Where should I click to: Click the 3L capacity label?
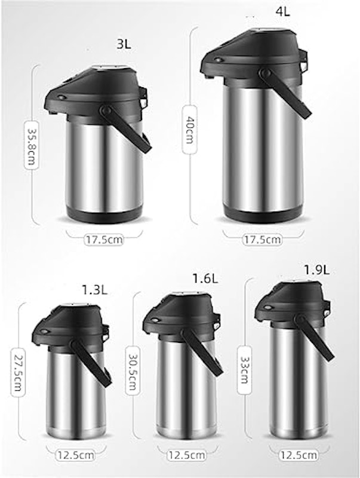click(124, 44)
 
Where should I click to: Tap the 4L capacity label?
click(282, 11)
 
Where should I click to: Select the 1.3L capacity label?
click(95, 290)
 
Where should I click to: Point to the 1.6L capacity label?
click(205, 278)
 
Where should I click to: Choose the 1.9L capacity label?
click(317, 269)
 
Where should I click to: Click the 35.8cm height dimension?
click(32, 145)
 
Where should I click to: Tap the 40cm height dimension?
click(189, 130)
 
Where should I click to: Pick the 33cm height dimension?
click(244, 370)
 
